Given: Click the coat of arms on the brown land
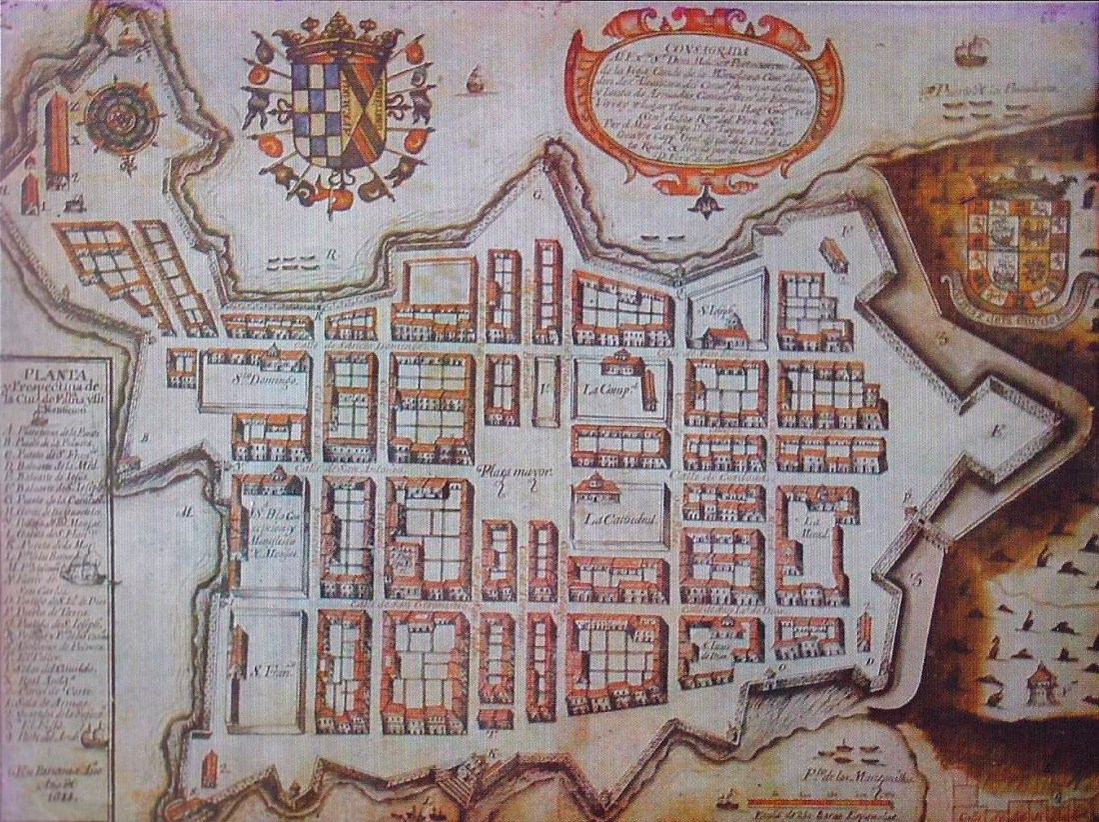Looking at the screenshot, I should tap(1017, 245).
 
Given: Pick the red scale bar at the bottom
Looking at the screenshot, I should tap(818, 802).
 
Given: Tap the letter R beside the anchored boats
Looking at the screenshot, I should tap(339, 254).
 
